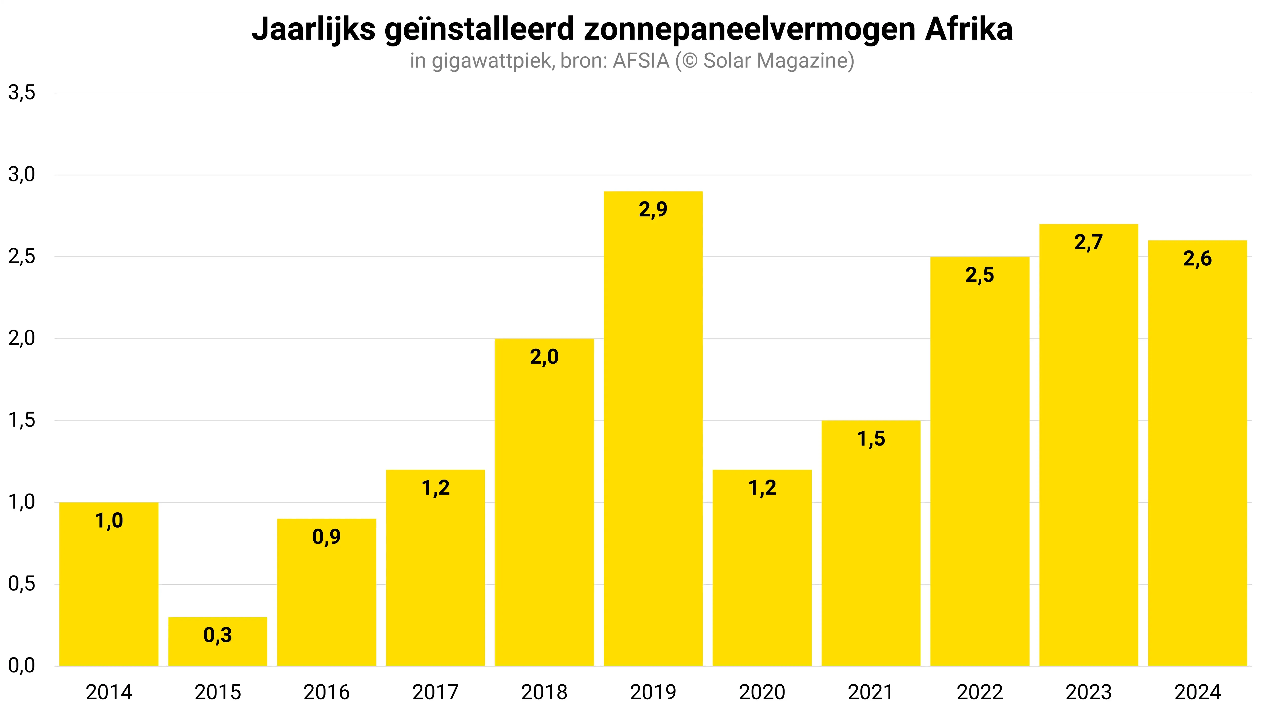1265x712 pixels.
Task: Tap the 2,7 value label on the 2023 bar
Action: coord(1088,242)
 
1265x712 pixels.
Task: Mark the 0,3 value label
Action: coord(218,635)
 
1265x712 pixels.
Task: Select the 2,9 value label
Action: coord(653,210)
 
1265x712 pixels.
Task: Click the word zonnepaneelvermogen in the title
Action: coord(749,29)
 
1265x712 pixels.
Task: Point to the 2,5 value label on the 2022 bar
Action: coord(980,275)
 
